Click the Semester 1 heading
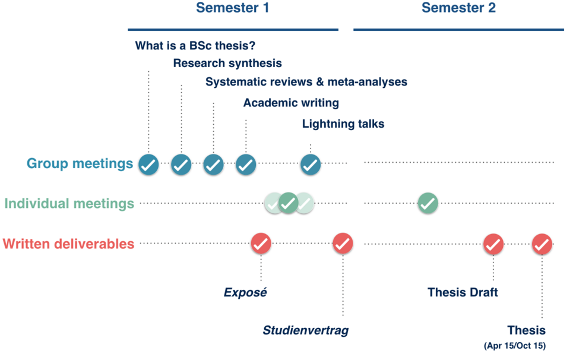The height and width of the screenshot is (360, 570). [x=233, y=8]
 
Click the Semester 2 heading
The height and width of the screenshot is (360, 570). [x=459, y=8]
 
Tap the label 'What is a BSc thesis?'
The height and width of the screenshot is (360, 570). [x=195, y=46]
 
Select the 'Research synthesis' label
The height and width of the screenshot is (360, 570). [x=227, y=64]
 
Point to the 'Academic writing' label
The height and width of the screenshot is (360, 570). [x=291, y=103]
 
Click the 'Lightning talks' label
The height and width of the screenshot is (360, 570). [x=343, y=124]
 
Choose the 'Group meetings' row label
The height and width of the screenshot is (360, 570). [x=80, y=163]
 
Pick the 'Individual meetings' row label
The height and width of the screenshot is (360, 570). [x=69, y=204]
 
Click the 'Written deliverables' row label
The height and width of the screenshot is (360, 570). [x=68, y=244]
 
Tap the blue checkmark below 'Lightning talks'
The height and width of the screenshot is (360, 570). [x=311, y=165]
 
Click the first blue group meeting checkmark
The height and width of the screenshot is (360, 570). [x=148, y=165]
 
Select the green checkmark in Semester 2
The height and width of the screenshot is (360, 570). [x=428, y=203]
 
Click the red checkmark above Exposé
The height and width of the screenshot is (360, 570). [x=261, y=244]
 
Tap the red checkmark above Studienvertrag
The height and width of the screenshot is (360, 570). [x=343, y=244]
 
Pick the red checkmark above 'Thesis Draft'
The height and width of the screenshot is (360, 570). [x=493, y=244]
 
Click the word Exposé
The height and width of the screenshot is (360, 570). [x=245, y=292]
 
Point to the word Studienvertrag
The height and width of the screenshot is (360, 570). [x=306, y=330]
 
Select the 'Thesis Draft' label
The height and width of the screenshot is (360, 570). [x=463, y=292]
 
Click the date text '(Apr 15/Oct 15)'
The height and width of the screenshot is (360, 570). [x=515, y=346]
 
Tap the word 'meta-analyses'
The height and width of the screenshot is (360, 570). [x=367, y=82]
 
